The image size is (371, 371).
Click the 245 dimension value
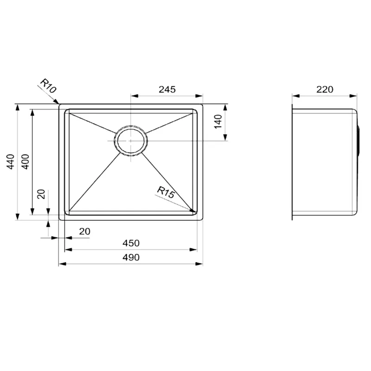click(167, 90)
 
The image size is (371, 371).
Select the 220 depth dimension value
click(325, 90)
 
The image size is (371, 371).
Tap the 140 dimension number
click(218, 122)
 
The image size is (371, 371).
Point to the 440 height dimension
click(11, 161)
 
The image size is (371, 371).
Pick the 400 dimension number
click(26, 161)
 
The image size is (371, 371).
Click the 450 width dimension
click(131, 243)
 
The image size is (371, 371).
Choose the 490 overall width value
click(131, 257)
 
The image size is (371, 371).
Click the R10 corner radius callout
click(48, 86)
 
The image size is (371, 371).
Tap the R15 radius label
click(166, 192)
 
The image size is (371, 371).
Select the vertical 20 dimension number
click(41, 194)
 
